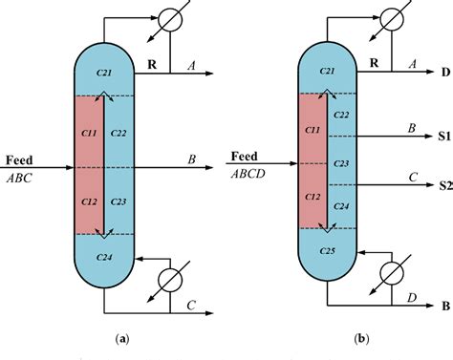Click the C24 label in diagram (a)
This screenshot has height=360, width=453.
point(106,255)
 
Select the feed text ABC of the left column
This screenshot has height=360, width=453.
point(19,177)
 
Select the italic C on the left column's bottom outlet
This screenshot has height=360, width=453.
point(191,306)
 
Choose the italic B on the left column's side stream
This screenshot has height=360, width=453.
point(191,161)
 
